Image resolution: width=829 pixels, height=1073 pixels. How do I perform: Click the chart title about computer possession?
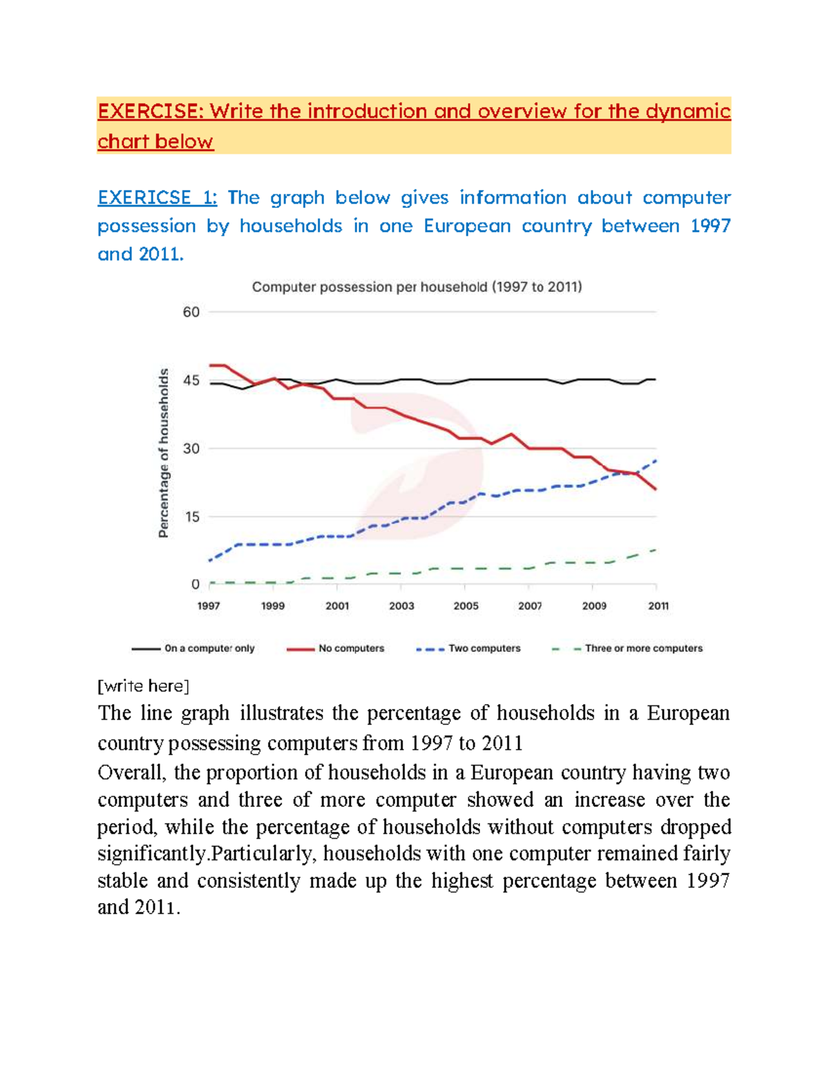[417, 287]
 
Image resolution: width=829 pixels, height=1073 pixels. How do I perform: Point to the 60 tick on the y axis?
[191, 312]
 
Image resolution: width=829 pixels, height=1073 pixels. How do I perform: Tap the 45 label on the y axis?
[191, 381]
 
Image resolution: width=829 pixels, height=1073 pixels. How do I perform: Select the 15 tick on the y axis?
[191, 517]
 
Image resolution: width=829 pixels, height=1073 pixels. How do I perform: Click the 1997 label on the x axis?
[209, 606]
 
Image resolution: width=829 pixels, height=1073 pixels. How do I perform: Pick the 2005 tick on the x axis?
[466, 606]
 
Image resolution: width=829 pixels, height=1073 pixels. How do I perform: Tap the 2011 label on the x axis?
[658, 606]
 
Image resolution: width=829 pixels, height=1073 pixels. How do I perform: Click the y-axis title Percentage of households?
[164, 453]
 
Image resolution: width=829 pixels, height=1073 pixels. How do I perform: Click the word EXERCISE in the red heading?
[150, 112]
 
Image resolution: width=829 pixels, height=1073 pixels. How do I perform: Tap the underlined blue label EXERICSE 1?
[157, 198]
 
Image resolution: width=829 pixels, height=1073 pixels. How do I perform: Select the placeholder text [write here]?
[143, 686]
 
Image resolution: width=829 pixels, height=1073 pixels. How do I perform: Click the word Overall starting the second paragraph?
[131, 772]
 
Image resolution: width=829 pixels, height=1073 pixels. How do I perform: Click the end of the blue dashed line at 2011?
[655, 461]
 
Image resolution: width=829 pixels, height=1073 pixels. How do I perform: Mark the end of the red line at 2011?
[655, 489]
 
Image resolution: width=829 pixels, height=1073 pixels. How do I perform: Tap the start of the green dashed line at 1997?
[211, 583]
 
